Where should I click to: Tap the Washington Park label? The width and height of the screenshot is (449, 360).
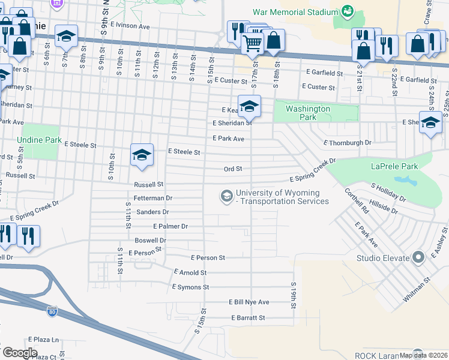click(307, 113)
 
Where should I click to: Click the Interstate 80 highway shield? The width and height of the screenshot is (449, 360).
click(52, 311)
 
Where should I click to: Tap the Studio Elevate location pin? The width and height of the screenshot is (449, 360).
click(419, 258)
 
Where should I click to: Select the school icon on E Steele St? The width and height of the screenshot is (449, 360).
click(142, 155)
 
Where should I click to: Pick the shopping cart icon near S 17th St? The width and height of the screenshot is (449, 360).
click(252, 42)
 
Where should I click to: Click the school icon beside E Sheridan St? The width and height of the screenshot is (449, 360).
click(249, 106)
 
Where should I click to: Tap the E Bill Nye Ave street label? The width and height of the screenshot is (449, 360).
click(249, 302)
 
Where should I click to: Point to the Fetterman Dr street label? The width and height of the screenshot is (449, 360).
click(153, 197)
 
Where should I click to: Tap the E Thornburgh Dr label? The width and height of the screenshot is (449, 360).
click(348, 143)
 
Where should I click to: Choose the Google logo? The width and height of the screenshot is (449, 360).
click(20, 353)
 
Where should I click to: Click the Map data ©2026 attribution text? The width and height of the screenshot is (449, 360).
click(423, 355)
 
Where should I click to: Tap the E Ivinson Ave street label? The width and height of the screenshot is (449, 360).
click(129, 26)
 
